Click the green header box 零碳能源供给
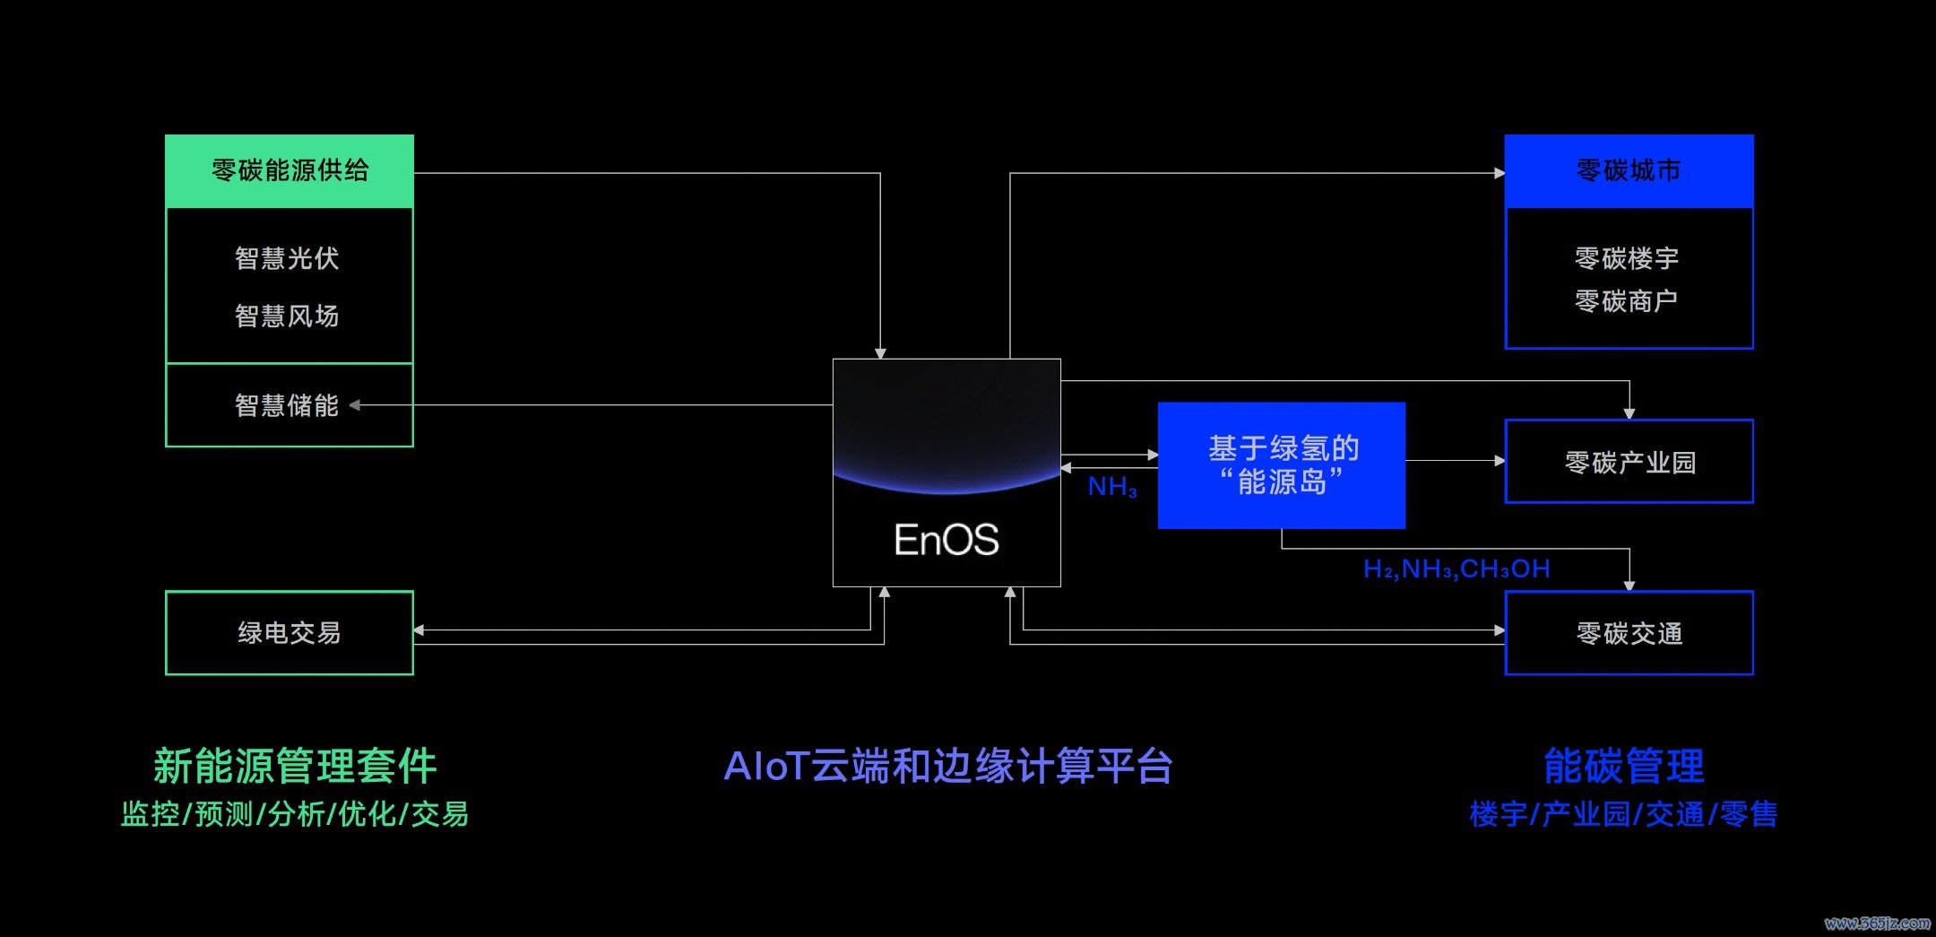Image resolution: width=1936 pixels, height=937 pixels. click(290, 171)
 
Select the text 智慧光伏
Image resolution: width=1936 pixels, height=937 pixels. click(287, 258)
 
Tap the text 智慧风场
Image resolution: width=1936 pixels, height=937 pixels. click(287, 316)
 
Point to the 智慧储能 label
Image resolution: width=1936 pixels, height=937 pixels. click(287, 405)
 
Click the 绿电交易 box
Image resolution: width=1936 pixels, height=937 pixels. click(290, 633)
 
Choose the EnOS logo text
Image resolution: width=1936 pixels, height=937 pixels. click(946, 540)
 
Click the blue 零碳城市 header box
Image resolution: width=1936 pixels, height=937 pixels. click(1629, 171)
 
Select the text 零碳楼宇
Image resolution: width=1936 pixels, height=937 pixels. click(1627, 258)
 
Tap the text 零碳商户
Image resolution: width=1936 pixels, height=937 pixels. click(1627, 301)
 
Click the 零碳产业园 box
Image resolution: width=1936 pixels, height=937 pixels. click(1629, 462)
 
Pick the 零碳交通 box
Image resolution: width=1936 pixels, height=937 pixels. click(1629, 633)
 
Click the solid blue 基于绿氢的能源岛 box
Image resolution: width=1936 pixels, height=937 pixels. click(1282, 465)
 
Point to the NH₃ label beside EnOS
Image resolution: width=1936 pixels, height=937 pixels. click(1112, 487)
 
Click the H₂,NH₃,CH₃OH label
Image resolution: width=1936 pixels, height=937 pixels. click(1456, 568)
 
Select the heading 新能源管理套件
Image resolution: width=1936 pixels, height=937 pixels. click(295, 767)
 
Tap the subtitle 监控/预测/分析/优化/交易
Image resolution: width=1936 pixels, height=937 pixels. click(295, 814)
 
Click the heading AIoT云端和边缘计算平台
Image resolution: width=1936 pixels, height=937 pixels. click(948, 767)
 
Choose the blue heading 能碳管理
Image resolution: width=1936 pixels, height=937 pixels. click(1624, 767)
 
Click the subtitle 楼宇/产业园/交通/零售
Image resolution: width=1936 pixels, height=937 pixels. click(1623, 814)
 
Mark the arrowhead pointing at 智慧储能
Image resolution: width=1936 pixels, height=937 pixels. click(355, 405)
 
